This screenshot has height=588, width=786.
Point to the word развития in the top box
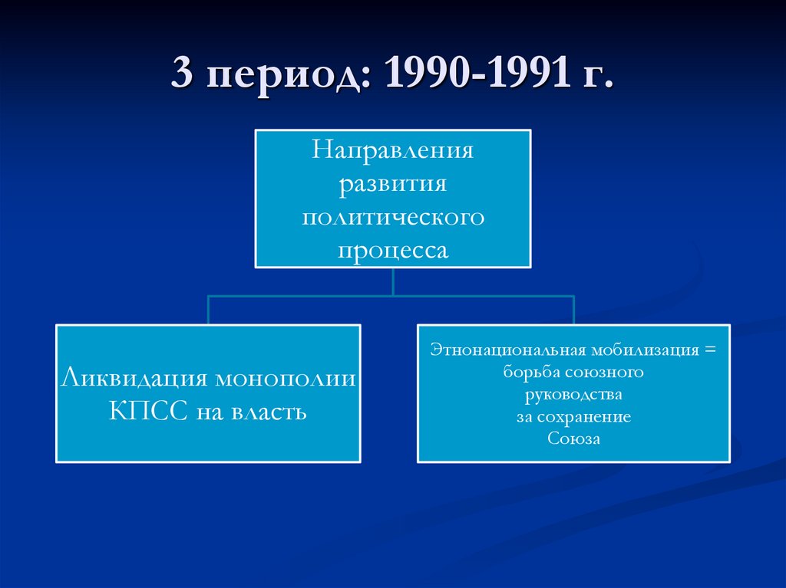tap(392, 183)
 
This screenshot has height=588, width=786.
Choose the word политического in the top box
tap(392, 217)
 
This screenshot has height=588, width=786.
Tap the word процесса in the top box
tap(392, 251)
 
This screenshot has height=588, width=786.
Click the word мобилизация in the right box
tap(643, 350)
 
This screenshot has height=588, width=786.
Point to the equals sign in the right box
tap(708, 350)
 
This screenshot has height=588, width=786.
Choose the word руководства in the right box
tap(573, 395)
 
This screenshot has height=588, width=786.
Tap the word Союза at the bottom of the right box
tap(573, 439)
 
